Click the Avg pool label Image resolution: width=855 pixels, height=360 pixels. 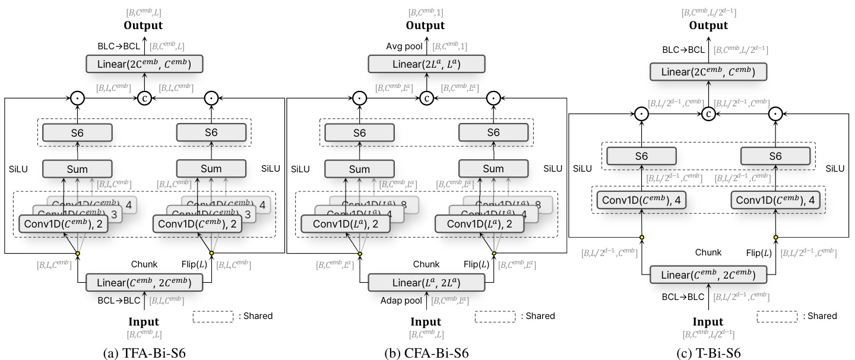[403, 45]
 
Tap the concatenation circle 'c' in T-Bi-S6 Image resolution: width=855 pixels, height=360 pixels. [708, 113]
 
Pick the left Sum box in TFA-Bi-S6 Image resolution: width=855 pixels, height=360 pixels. [77, 169]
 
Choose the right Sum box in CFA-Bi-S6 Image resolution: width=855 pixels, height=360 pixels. [493, 169]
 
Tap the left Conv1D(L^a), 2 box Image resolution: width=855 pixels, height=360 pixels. [346, 223]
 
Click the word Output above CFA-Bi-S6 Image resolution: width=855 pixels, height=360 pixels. [425, 26]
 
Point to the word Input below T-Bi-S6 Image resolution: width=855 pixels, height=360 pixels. [708, 322]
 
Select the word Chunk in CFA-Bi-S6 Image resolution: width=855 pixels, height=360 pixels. [426, 264]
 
